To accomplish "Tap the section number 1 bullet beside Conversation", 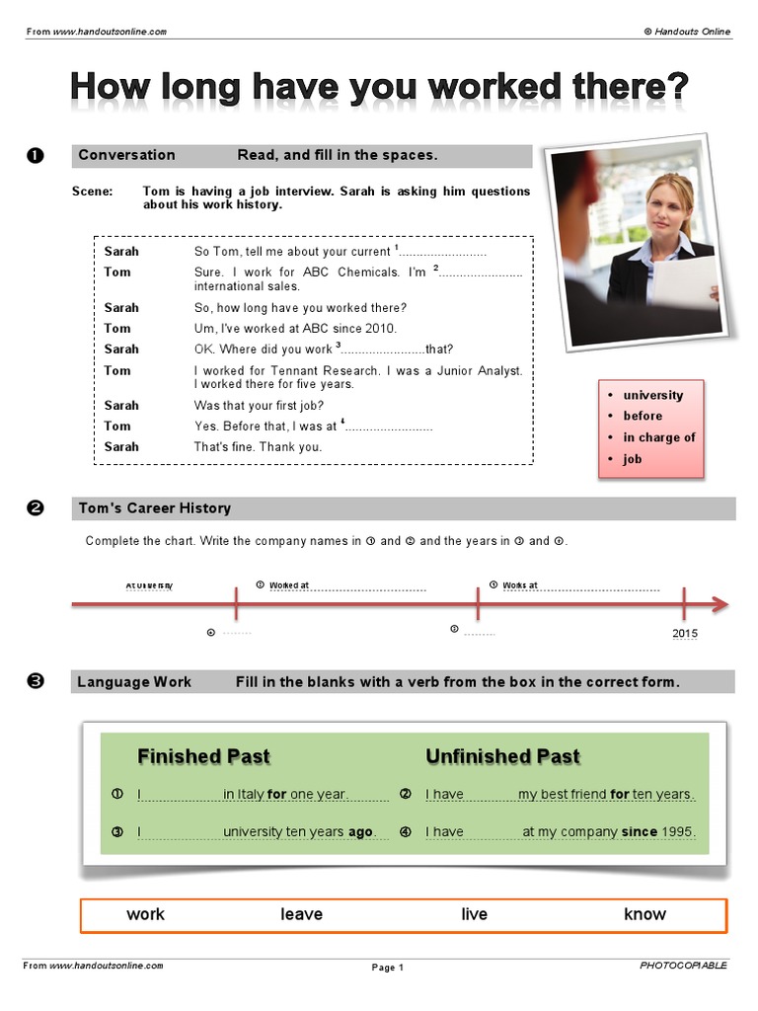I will point(35,155).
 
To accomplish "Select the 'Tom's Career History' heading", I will point(154,508).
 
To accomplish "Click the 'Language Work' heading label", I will point(134,682).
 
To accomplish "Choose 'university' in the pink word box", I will point(652,395).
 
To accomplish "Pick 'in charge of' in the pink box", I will point(658,437).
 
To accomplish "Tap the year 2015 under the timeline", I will point(684,633).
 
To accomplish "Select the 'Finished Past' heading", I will point(203,757).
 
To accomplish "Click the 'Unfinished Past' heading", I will point(502,757).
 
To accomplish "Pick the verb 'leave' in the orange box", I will point(301,914).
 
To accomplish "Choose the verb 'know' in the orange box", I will point(644,914).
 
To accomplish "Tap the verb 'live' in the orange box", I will point(474,914).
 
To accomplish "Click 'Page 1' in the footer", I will point(387,968).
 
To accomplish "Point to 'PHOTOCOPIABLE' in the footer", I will point(683,965).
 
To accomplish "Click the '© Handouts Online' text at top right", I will point(687,32).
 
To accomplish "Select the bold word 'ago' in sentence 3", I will point(360,832).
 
